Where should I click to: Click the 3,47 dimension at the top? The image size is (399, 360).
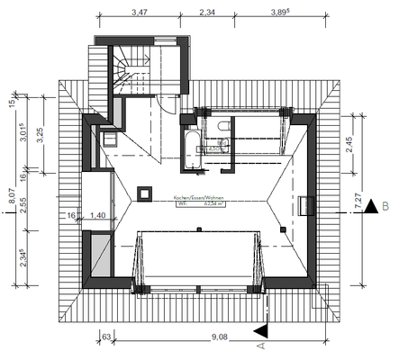click(x=140, y=13)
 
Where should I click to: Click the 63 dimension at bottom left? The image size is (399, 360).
click(x=106, y=338)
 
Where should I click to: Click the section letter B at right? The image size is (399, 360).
click(x=385, y=207)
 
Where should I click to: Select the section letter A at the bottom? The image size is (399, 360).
click(x=260, y=345)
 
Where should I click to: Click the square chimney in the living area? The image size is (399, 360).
click(x=143, y=191)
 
